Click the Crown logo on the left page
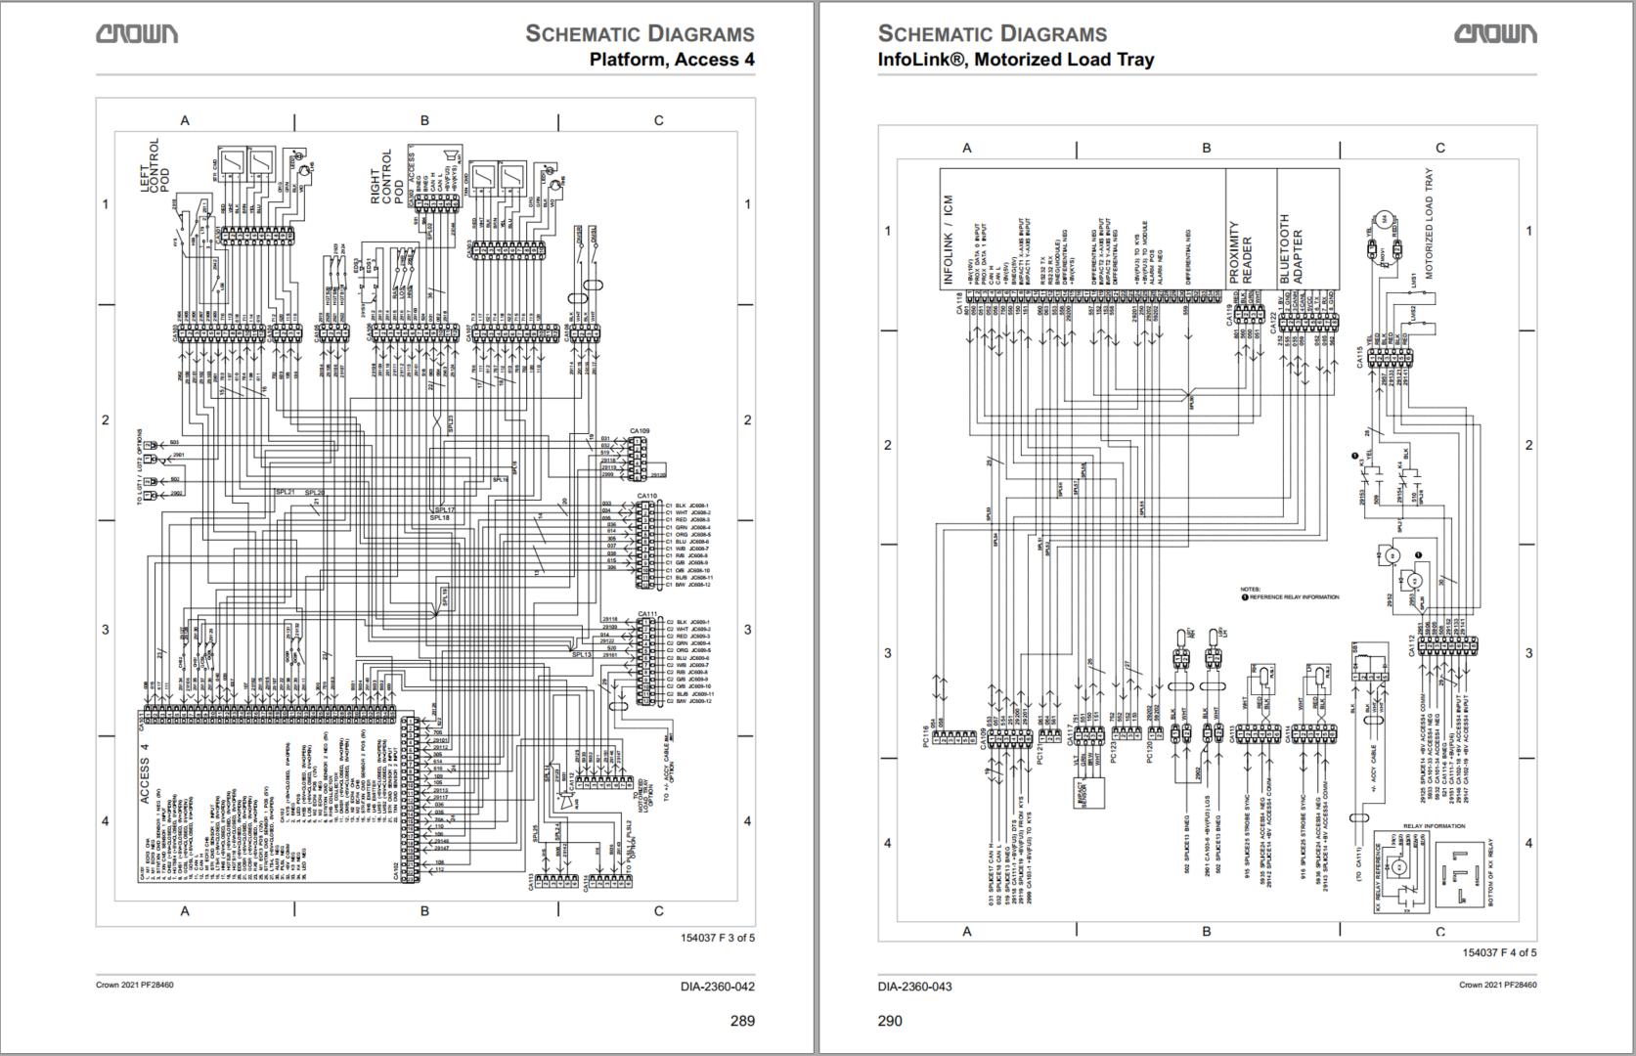[x=137, y=34]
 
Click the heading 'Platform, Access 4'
[x=671, y=60]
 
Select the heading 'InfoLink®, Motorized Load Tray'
[x=1015, y=60]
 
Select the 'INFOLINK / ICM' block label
[x=948, y=240]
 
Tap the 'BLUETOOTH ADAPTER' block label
[x=1291, y=249]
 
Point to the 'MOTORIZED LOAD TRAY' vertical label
[x=1429, y=225]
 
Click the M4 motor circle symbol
[x=1384, y=218]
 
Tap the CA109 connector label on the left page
[x=640, y=430]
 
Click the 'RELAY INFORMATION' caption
[x=1434, y=826]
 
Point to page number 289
[x=742, y=1021]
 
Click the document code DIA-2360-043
[x=914, y=986]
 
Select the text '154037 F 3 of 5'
[x=718, y=939]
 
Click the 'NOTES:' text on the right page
[x=1250, y=590]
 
